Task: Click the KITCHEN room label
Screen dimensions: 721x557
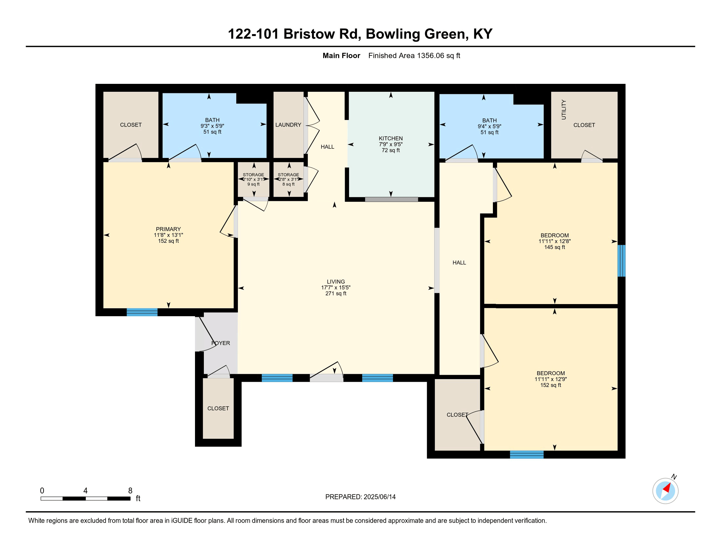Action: [x=391, y=138]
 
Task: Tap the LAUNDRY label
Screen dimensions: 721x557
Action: [x=288, y=125]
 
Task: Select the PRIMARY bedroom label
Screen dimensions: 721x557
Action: [x=168, y=229]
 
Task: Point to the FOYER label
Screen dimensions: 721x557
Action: [x=221, y=343]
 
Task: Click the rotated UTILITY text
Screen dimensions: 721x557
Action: [x=564, y=109]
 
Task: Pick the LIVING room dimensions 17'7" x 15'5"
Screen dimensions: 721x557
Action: [x=336, y=287]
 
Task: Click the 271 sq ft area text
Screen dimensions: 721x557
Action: [x=336, y=293]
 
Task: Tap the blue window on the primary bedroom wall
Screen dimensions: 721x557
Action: [x=142, y=312]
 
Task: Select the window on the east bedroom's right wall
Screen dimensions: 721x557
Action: [x=621, y=261]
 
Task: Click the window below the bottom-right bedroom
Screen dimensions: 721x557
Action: [x=527, y=454]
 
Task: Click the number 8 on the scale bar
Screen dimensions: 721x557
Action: [x=130, y=491]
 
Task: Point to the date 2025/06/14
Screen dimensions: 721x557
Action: [x=380, y=497]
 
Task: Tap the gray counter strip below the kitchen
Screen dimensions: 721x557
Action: [x=392, y=199]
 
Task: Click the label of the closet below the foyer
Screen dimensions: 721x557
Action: [x=218, y=408]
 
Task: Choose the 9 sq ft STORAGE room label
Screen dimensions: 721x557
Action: [x=254, y=180]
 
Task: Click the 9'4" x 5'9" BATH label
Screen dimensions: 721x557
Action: [x=489, y=126]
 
